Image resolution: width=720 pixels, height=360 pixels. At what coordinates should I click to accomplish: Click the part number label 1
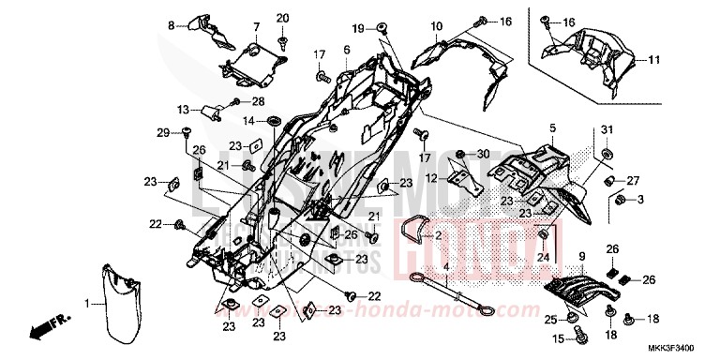tap(88, 304)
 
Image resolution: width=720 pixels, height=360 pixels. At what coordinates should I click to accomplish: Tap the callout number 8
tap(172, 24)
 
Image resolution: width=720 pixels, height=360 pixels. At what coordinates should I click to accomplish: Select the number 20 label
tap(283, 17)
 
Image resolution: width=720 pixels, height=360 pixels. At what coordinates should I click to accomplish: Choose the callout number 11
tap(653, 60)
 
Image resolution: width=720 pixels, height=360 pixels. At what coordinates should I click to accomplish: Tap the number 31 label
tap(607, 128)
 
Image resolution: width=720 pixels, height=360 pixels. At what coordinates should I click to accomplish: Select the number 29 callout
tap(161, 132)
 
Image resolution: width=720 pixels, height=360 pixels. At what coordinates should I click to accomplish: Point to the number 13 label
tap(184, 108)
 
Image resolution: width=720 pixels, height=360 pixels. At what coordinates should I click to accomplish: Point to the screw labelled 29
tap(187, 132)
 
